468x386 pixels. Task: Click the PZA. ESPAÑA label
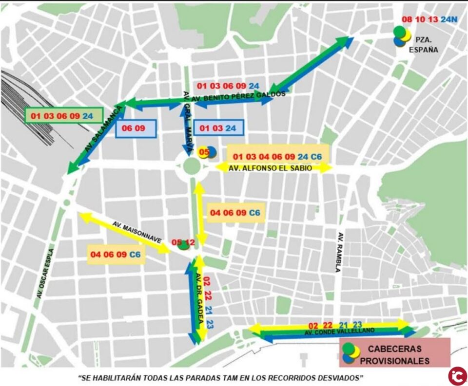427,44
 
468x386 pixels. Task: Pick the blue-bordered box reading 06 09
136,129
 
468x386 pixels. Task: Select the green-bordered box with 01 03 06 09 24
63,116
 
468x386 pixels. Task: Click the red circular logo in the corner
457,375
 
